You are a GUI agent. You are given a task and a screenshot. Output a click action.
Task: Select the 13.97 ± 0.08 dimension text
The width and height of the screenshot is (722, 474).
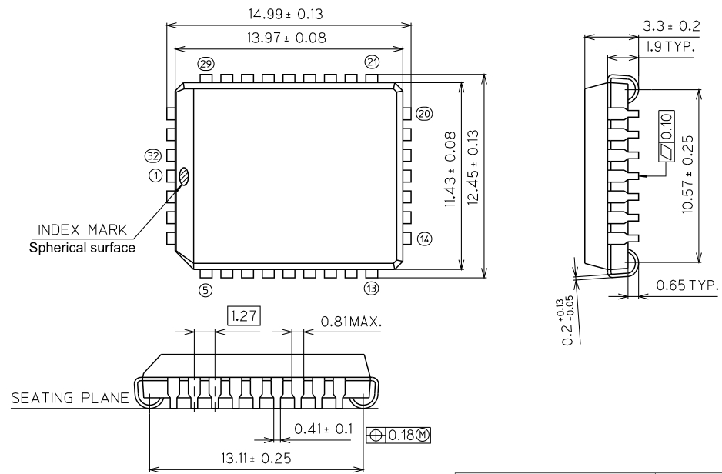tap(286, 38)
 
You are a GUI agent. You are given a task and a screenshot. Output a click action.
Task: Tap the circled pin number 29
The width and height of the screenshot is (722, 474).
tap(205, 62)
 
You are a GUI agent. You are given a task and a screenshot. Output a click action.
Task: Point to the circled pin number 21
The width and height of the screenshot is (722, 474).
tap(373, 62)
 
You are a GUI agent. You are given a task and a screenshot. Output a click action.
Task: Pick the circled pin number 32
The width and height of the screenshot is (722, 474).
tap(152, 157)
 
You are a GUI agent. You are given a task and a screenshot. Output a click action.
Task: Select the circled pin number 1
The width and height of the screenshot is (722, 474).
tap(156, 176)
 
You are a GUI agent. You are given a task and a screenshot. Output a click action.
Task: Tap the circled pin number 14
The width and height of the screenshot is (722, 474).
tap(425, 238)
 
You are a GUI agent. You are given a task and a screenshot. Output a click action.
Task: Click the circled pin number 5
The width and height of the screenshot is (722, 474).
tap(205, 289)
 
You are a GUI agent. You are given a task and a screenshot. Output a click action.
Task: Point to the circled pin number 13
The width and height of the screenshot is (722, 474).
tap(373, 289)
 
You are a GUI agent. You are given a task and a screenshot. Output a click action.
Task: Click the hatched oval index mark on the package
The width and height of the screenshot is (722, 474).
tap(185, 176)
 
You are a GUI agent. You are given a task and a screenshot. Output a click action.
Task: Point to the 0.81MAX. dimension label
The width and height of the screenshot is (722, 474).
tap(351, 318)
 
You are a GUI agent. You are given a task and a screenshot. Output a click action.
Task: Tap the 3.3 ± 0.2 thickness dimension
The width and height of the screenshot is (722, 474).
tap(671, 27)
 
